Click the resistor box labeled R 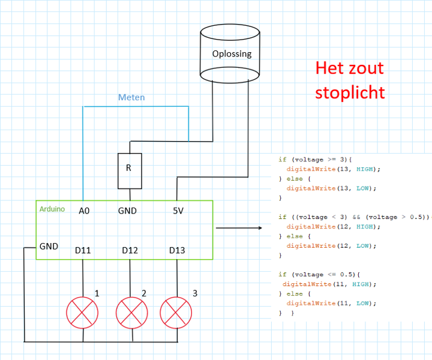[129, 169]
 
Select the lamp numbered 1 [82, 311]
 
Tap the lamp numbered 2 [131, 311]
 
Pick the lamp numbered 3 [176, 311]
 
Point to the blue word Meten [131, 97]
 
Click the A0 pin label [85, 211]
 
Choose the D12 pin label [130, 250]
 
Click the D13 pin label [177, 250]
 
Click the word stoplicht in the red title [350, 93]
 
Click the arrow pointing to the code [239, 228]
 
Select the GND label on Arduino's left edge [49, 246]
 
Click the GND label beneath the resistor [127, 211]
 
